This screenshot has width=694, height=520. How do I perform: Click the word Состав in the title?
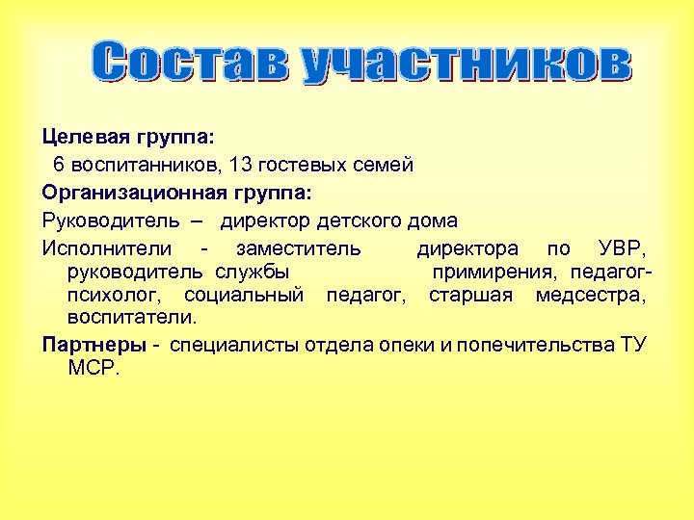pyautogui.click(x=193, y=62)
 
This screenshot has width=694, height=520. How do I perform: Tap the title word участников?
pyautogui.click(x=467, y=62)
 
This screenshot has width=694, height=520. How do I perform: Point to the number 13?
pyautogui.click(x=229, y=166)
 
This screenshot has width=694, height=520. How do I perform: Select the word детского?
pyautogui.click(x=359, y=221)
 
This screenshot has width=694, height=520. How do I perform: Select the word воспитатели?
pyautogui.click(x=131, y=317)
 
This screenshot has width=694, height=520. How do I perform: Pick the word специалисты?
pyautogui.click(x=236, y=345)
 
